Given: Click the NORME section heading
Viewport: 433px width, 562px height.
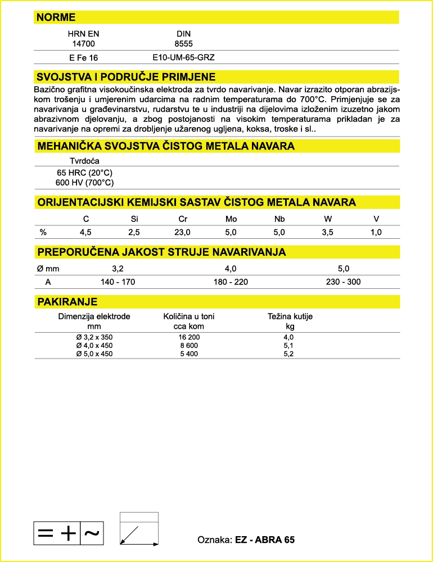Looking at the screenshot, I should point(56,17).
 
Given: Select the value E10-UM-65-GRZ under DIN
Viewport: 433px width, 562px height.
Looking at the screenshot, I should point(183,57).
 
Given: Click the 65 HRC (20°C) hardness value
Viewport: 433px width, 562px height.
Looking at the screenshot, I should point(84,173).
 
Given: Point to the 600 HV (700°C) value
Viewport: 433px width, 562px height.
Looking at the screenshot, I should point(84,183).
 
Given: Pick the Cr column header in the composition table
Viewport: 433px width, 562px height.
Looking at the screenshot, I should point(183,219).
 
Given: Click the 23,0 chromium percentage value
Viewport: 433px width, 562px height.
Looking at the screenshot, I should point(183,232).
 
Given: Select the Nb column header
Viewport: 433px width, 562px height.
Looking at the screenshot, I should point(279,219).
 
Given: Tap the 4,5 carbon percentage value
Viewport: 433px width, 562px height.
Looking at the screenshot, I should point(85,232).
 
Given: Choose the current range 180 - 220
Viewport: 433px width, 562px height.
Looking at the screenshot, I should point(231,282).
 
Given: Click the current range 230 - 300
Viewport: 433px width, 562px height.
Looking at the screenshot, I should point(343,282).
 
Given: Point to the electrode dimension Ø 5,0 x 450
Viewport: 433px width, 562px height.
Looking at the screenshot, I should point(94,353).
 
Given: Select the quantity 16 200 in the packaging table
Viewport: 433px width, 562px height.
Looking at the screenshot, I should point(188,337).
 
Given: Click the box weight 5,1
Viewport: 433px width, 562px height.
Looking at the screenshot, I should point(289,346).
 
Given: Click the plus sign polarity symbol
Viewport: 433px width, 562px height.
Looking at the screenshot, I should point(68,533).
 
